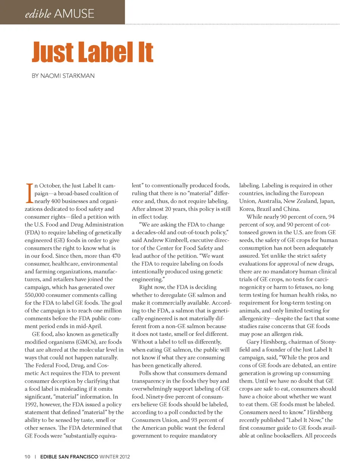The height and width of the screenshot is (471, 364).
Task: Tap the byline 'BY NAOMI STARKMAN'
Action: (63, 76)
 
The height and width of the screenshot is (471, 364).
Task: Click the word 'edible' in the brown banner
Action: (38, 14)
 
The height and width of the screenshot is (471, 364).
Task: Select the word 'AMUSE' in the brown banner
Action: (74, 14)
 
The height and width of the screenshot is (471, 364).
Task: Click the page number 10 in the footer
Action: (27, 457)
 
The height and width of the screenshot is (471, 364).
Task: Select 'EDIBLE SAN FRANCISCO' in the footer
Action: (69, 457)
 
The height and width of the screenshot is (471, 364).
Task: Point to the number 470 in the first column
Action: (116, 256)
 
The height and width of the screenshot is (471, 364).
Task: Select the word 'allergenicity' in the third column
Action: (254, 319)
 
